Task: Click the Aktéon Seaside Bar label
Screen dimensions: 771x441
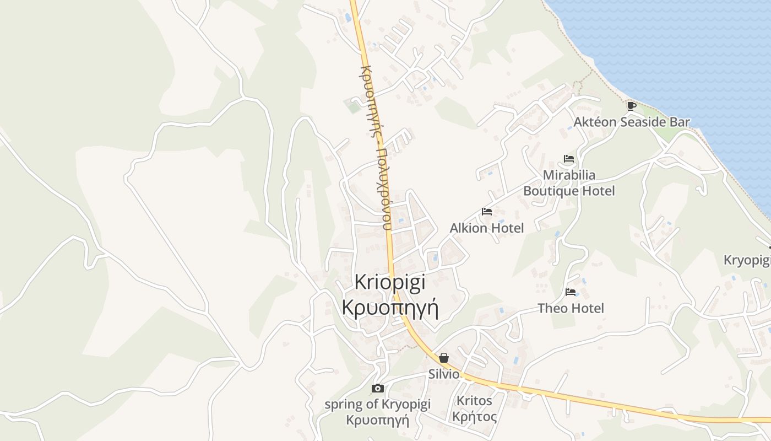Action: [x=632, y=122]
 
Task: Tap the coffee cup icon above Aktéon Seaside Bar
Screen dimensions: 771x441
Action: [x=631, y=105]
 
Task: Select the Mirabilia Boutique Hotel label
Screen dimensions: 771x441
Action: [x=569, y=183]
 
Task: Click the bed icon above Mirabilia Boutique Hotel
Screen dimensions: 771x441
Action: [x=569, y=159]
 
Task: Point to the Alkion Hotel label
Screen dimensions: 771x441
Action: [x=487, y=228]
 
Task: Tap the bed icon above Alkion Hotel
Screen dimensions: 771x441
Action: [x=487, y=211]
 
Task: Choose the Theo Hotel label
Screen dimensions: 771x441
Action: [x=571, y=308]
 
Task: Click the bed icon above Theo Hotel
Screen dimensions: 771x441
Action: [x=571, y=292]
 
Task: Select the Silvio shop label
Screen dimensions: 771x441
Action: [x=444, y=374]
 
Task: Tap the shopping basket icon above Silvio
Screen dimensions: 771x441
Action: [x=444, y=358]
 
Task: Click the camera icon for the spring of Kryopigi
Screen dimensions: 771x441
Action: [x=377, y=388]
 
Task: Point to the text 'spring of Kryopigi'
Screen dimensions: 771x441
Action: [x=377, y=404]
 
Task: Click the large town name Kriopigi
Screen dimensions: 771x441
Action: [x=390, y=282]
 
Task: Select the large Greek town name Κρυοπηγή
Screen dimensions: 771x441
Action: [x=390, y=308]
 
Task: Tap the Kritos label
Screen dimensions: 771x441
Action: [x=474, y=400]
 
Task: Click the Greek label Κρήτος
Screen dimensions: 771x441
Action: [x=474, y=417]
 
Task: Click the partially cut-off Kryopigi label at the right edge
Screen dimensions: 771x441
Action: [x=747, y=260]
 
